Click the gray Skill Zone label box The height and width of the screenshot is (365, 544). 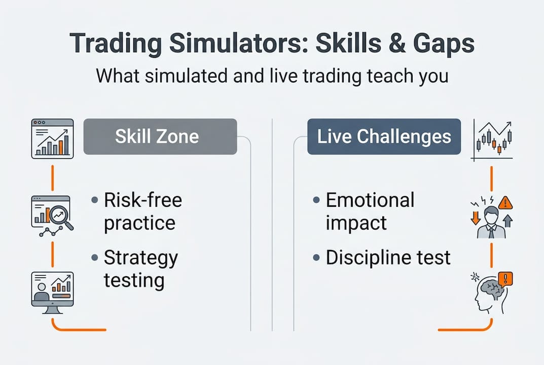(x=160, y=136)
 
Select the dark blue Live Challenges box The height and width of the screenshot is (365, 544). (x=384, y=136)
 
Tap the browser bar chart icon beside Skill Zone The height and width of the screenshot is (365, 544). (x=53, y=138)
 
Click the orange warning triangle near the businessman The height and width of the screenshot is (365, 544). (x=505, y=203)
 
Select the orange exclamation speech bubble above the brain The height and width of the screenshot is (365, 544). (x=505, y=278)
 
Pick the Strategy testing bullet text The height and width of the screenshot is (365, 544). (x=140, y=269)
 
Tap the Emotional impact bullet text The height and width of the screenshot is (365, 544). (x=370, y=211)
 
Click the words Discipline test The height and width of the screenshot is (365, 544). (x=388, y=258)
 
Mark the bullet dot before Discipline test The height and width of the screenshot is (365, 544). (x=316, y=258)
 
